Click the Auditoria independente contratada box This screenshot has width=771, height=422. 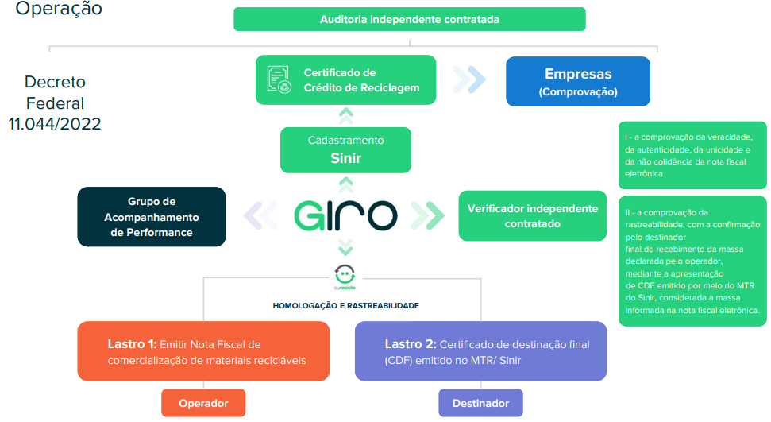pos(409,19)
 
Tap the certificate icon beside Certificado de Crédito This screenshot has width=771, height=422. pos(279,79)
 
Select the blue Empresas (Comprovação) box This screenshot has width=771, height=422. pos(578,81)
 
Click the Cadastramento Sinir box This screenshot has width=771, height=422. pos(345,150)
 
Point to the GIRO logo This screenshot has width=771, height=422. pos(345,215)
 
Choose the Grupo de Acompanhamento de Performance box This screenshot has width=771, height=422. pos(152,217)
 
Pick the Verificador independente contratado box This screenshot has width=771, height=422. pos(533,215)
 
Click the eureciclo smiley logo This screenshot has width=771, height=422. pos(345,277)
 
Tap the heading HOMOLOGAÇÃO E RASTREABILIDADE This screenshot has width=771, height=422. pos(345,306)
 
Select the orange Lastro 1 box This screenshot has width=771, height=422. pos(203,351)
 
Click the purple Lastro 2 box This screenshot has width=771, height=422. pos(480,351)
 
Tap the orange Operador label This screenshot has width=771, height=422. pos(203,403)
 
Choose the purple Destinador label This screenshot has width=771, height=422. pos(480,403)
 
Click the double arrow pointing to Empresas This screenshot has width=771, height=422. pos(469,79)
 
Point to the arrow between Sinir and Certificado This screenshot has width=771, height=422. pos(345,116)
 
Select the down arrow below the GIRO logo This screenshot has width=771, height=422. pos(345,247)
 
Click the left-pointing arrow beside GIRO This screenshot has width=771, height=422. pos(260,215)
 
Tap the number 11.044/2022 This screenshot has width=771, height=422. pos(55,124)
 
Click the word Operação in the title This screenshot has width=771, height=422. pos(59,9)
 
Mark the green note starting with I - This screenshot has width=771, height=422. pos(692,155)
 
